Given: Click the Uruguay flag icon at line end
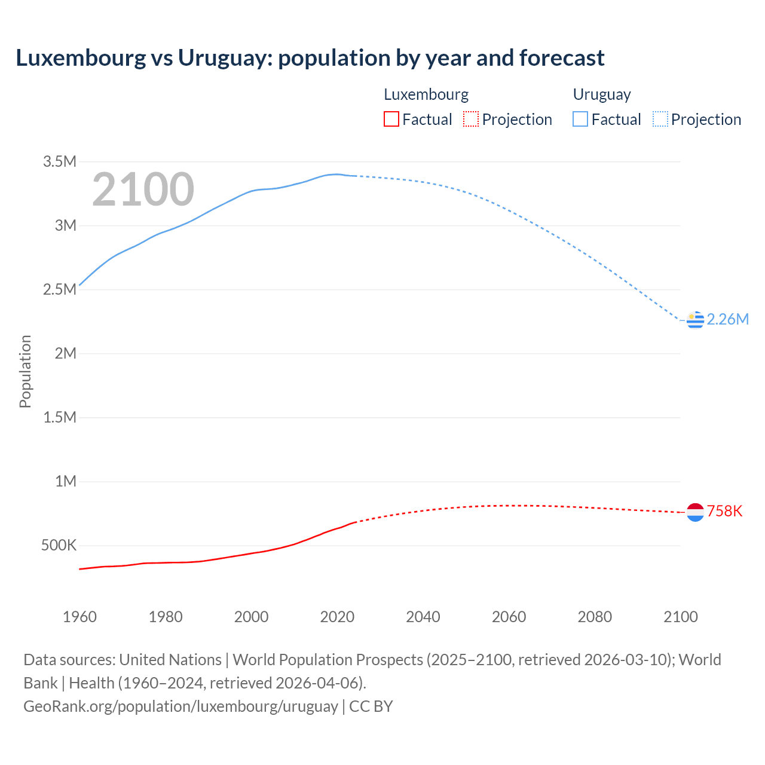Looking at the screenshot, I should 695,320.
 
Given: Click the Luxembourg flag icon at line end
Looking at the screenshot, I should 695,512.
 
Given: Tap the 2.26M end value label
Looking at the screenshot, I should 727,320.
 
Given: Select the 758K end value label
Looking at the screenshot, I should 724,512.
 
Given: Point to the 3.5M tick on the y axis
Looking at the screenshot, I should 60,162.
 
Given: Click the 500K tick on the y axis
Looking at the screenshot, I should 59,546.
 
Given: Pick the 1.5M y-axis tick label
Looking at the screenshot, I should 60,417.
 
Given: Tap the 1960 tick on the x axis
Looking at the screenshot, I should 79,617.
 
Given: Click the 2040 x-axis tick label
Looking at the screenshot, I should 423,617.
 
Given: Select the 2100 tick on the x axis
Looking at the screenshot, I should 680,617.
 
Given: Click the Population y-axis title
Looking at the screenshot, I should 25,371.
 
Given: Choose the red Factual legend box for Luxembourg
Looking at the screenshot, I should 391,120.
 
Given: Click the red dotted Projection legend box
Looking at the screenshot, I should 471,120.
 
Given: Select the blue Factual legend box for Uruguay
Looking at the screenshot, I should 580,120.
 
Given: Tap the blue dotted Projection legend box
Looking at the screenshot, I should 660,120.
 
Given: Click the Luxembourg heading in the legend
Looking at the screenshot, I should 426,94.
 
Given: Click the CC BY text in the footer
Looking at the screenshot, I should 371,706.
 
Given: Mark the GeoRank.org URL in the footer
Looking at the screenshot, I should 180,706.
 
